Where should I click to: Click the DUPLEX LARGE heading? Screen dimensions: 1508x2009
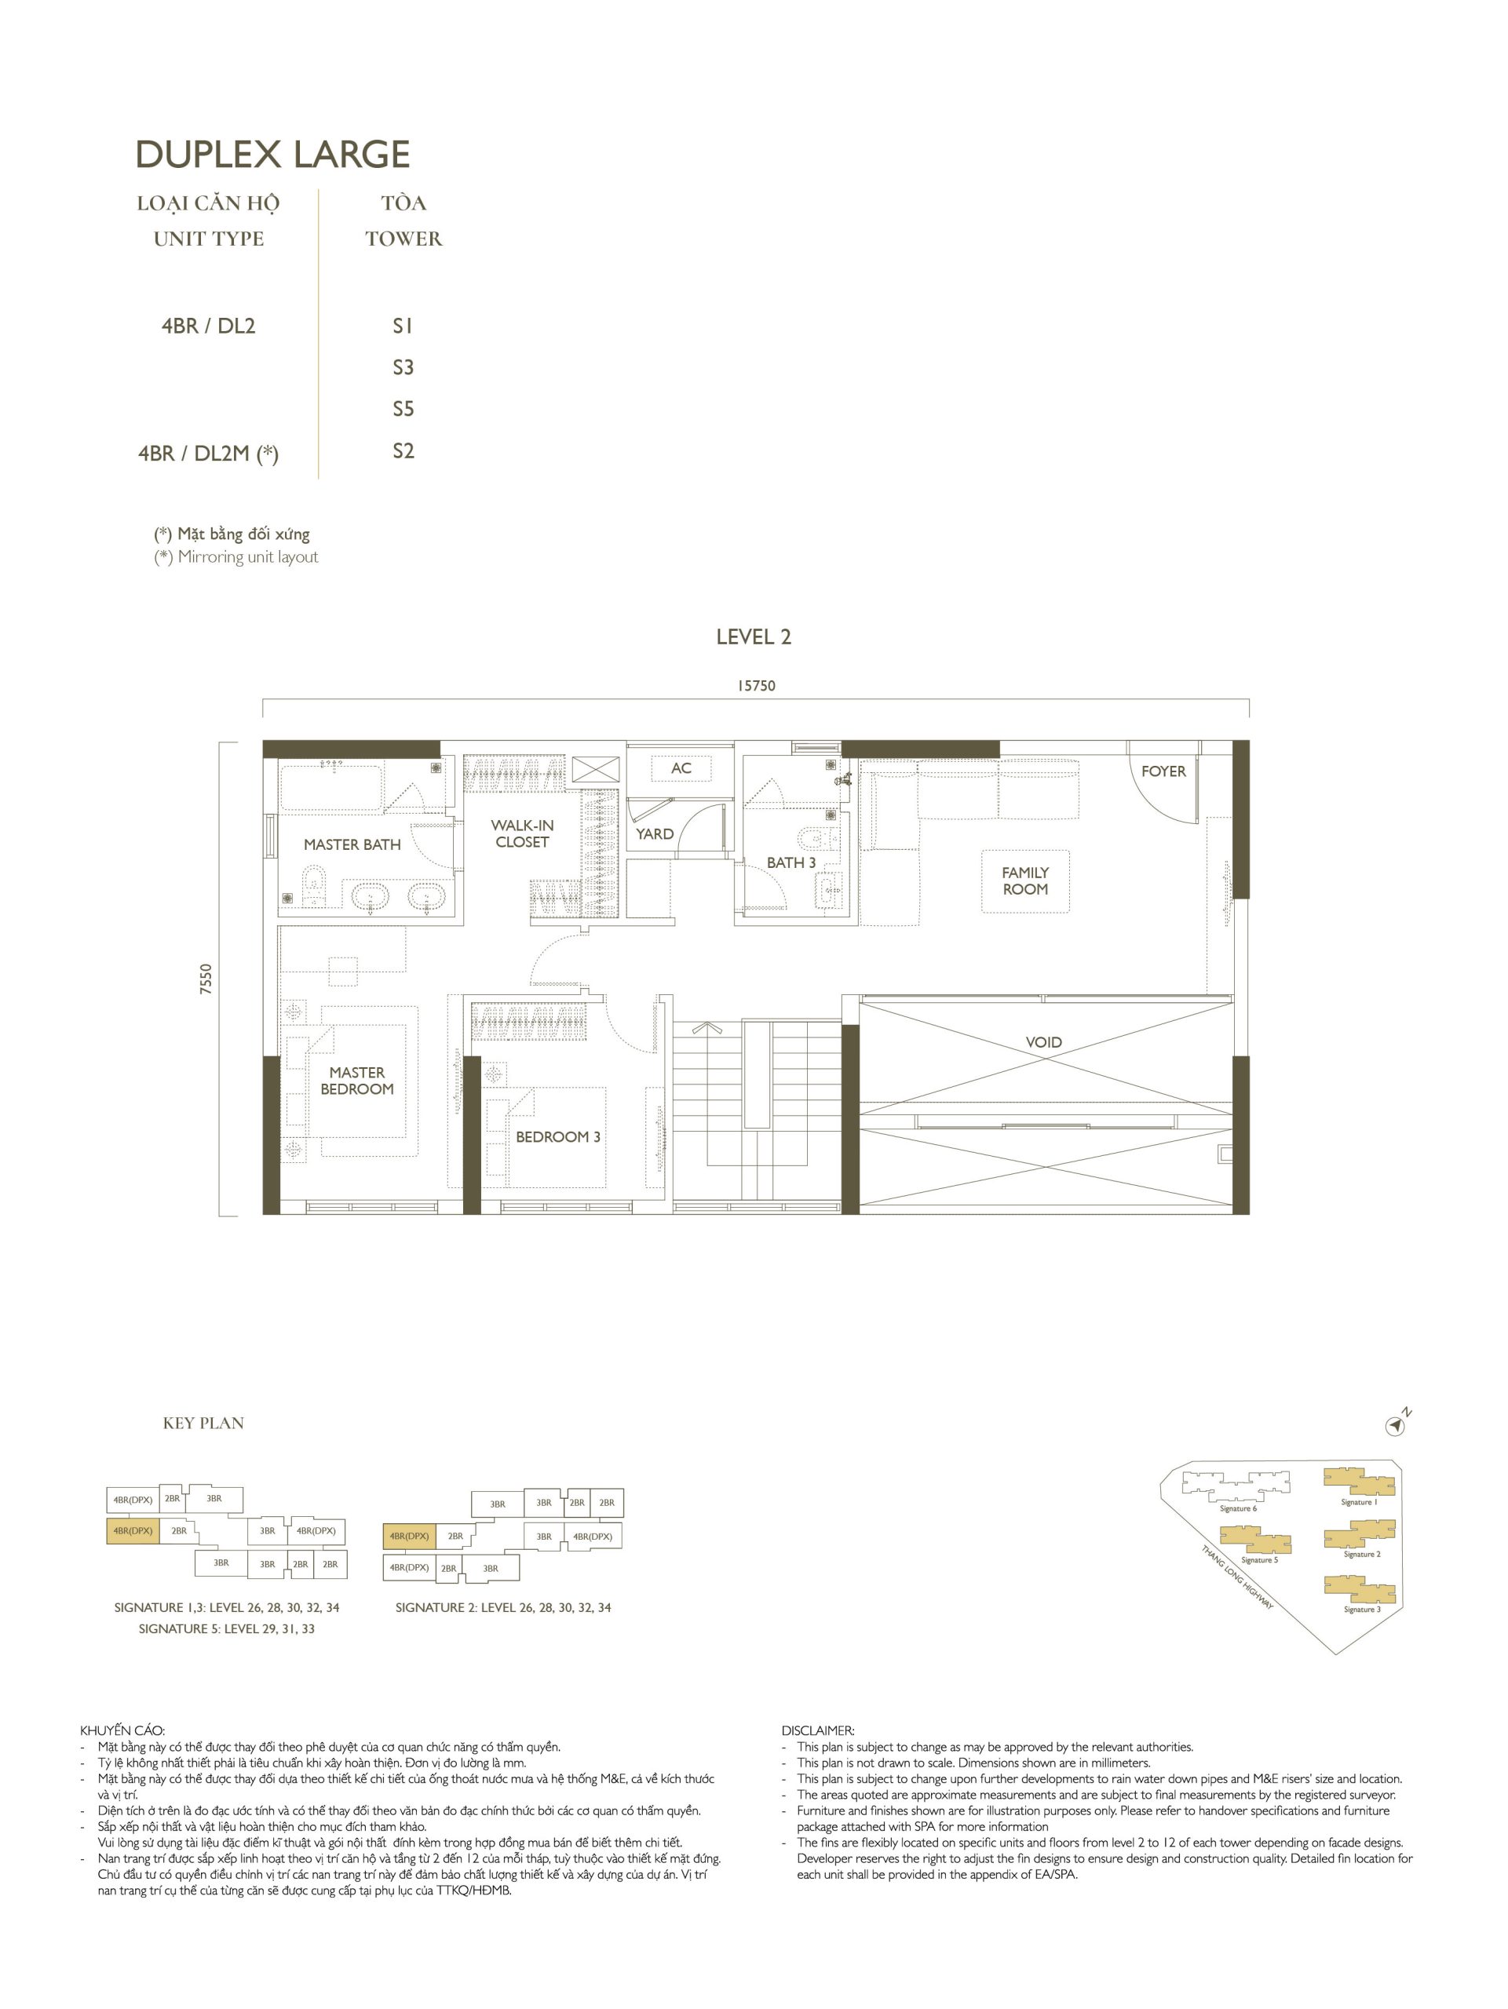click(272, 155)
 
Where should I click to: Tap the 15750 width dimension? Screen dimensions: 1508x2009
click(756, 686)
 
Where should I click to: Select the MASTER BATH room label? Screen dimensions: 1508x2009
click(352, 844)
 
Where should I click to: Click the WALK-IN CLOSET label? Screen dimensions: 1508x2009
click(522, 833)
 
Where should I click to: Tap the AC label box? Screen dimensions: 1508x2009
click(681, 768)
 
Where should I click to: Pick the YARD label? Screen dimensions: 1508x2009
click(654, 833)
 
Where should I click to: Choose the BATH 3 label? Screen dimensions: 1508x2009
click(791, 862)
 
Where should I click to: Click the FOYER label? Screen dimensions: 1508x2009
click(1163, 771)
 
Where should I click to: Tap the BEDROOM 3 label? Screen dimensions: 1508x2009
click(558, 1137)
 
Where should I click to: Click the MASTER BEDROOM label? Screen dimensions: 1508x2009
click(357, 1081)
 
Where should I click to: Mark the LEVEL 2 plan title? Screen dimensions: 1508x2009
click(753, 637)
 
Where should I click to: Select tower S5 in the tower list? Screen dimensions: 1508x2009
click(403, 410)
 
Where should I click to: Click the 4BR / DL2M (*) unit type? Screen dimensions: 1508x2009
click(208, 454)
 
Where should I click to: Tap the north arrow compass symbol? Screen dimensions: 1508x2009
click(1396, 1427)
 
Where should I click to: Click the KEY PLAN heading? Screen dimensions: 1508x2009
click(203, 1424)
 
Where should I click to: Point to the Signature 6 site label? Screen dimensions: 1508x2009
click(1238, 1508)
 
